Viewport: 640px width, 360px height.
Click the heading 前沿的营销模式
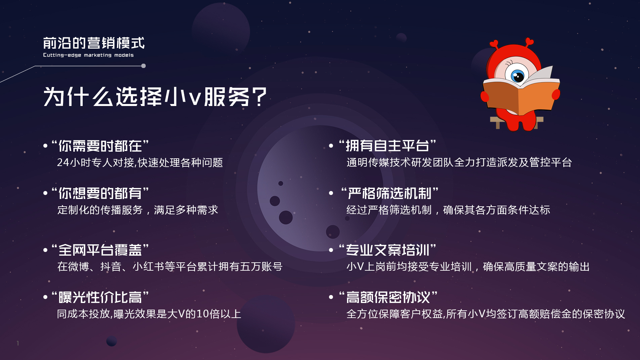click(94, 43)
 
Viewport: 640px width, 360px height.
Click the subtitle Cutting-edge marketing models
click(88, 55)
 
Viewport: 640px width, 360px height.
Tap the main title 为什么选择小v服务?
click(155, 97)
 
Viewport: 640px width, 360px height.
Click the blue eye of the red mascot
click(518, 76)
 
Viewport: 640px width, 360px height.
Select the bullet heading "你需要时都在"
click(100, 146)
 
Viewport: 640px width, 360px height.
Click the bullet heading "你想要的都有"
click(100, 193)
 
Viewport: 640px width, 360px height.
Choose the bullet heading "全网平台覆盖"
click(100, 250)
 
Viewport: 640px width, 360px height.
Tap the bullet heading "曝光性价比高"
click(100, 297)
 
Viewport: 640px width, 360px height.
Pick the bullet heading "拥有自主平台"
click(387, 146)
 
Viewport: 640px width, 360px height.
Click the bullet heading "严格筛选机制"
click(390, 193)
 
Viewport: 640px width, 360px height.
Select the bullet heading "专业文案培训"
click(387, 250)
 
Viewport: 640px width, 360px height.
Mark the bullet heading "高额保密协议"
click(388, 297)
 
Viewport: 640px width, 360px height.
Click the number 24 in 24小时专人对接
click(63, 162)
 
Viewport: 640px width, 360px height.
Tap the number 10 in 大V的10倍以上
click(202, 314)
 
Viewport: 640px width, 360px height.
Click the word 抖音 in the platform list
click(111, 266)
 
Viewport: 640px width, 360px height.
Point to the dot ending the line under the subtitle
click(143, 66)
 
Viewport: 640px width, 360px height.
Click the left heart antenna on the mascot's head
click(494, 44)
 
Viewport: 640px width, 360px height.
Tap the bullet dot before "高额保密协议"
click(331, 297)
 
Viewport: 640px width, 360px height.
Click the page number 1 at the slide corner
click(18, 343)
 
